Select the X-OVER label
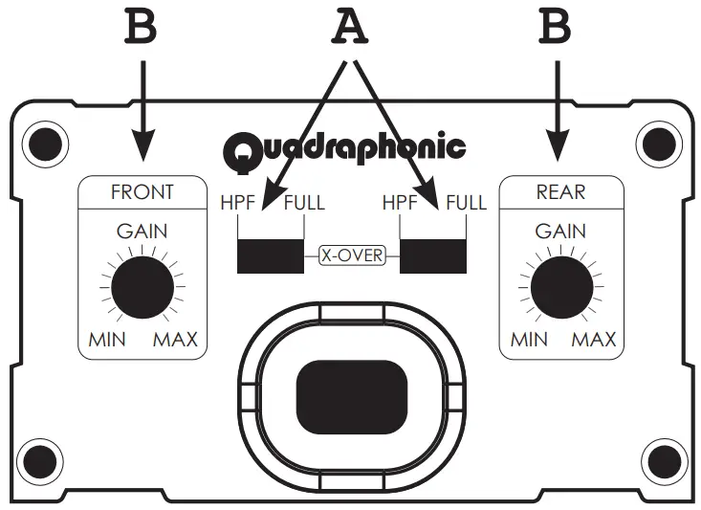pyautogui.click(x=351, y=255)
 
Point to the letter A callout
pyautogui.click(x=350, y=30)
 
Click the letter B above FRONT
pyautogui.click(x=142, y=28)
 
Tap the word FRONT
pyautogui.click(x=142, y=191)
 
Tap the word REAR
pyautogui.click(x=561, y=191)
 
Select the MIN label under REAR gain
pyautogui.click(x=529, y=340)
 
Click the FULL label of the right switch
pyautogui.click(x=466, y=203)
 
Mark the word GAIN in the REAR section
pyautogui.click(x=560, y=231)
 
